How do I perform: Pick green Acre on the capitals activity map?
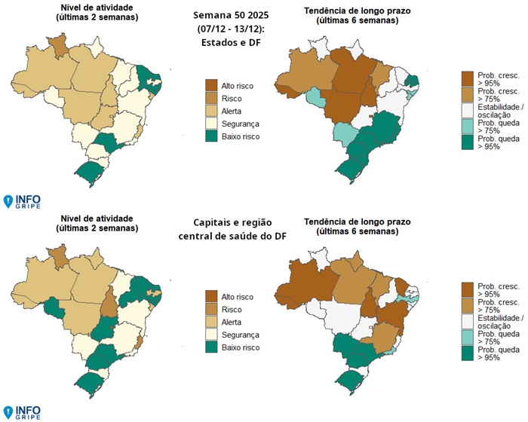coord(53,307)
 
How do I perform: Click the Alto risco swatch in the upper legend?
coord(212,86)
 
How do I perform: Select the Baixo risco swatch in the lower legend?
coord(212,347)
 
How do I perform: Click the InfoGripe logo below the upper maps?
coord(22,201)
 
